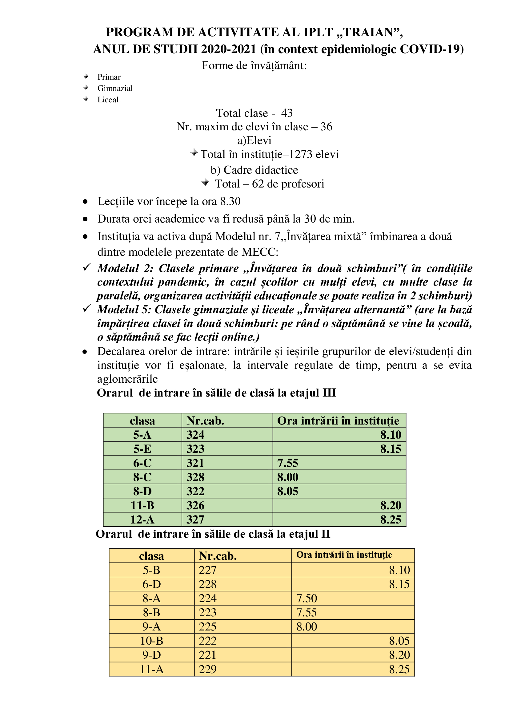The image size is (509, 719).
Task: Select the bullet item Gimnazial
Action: pyautogui.click(x=115, y=88)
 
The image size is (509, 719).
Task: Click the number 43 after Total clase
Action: pyautogui.click(x=287, y=113)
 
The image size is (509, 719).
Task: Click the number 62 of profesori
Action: pyautogui.click(x=258, y=184)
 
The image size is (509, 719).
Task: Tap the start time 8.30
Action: pyautogui.click(x=230, y=201)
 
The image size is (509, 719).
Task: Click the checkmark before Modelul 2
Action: pyautogui.click(x=86, y=267)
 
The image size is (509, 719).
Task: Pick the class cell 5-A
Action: pyautogui.click(x=142, y=435)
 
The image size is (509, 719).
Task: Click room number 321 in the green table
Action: pyautogui.click(x=195, y=463)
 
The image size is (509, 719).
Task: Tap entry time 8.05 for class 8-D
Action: pyautogui.click(x=287, y=491)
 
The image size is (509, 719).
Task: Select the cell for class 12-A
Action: pyautogui.click(x=142, y=519)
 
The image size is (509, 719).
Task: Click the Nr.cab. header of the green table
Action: pyautogui.click(x=205, y=421)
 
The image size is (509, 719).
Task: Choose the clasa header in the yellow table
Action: pyautogui.click(x=151, y=556)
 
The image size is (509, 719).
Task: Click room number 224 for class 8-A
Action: pyautogui.click(x=207, y=599)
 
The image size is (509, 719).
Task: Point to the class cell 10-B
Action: pyautogui.click(x=151, y=641)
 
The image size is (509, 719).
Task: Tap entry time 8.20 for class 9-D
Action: pyautogui.click(x=399, y=655)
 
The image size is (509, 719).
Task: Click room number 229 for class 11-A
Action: pyautogui.click(x=207, y=669)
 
